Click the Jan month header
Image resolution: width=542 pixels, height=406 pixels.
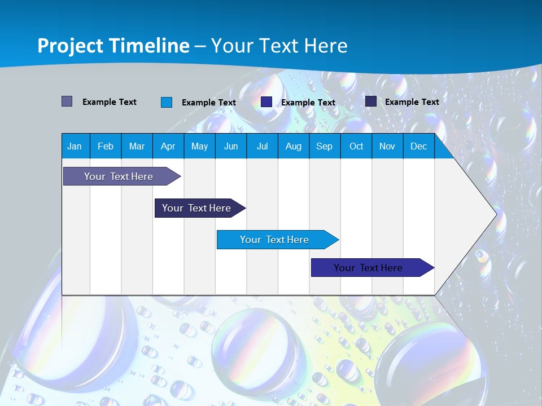pos(75,146)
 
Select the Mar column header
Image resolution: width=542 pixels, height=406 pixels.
pos(137,146)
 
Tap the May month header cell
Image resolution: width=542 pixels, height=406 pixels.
pos(199,146)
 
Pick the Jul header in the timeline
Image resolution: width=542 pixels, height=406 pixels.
pos(262,146)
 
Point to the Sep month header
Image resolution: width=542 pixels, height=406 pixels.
pos(324,146)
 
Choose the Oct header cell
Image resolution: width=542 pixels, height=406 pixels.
pos(356,146)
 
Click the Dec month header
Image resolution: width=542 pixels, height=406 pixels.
pos(418,146)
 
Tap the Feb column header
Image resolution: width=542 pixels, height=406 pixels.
pos(106,146)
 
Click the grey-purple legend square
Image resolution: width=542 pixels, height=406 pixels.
pos(67,101)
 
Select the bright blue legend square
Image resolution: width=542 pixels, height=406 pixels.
pos(166,102)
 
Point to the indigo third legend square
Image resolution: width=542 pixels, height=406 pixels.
pos(266,102)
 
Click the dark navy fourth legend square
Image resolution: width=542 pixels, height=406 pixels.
pos(371,101)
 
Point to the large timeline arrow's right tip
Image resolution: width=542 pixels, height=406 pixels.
pos(495,214)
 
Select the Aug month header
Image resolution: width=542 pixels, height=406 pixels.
pos(293,146)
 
